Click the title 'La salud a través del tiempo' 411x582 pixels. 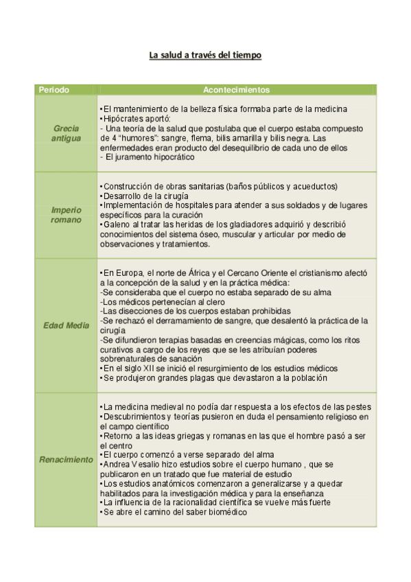205,55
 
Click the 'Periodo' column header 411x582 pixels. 53,90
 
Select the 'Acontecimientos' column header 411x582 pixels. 236,90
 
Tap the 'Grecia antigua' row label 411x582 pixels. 66,133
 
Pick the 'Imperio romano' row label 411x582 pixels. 66,215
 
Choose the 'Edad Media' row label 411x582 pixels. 66,325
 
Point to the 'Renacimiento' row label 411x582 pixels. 66,460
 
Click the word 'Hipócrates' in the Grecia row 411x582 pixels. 123,118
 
